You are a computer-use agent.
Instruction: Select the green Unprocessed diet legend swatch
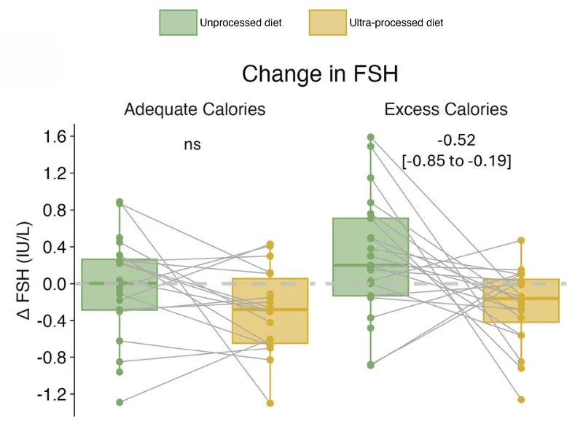coord(178,23)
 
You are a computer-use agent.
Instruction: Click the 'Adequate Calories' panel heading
coord(195,110)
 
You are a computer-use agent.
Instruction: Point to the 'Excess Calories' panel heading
coord(445,110)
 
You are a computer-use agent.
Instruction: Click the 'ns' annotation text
coord(192,145)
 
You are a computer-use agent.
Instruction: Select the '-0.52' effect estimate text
coord(456,141)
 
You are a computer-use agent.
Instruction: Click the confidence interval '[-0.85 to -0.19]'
coord(456,161)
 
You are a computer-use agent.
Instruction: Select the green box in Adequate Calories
coord(120,285)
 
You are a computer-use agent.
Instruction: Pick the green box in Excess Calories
coord(371,256)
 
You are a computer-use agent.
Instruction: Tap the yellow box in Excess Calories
coord(521,300)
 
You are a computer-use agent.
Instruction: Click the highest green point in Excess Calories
coord(371,137)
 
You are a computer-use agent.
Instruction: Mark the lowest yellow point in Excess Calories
coord(521,399)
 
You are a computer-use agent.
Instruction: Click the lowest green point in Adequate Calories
coord(120,402)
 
